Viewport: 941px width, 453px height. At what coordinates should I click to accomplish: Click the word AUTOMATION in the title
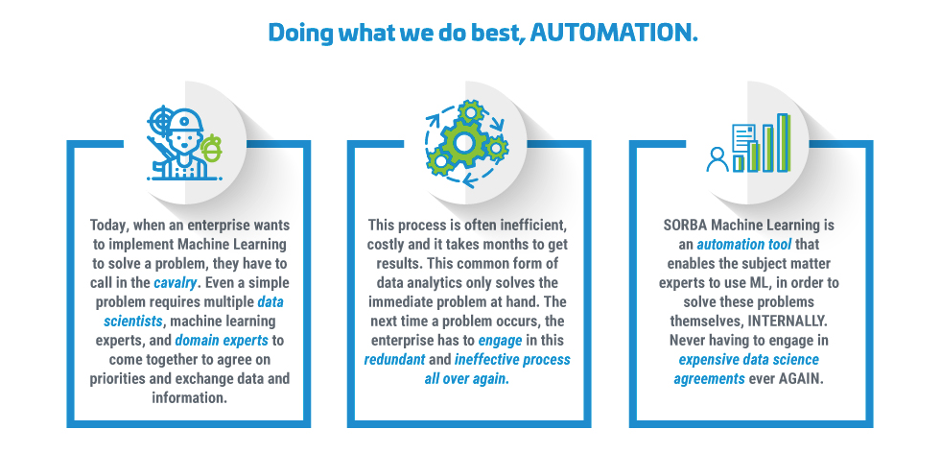click(x=614, y=33)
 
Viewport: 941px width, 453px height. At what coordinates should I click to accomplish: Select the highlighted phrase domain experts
click(x=222, y=341)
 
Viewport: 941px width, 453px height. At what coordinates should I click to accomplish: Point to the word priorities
click(x=118, y=379)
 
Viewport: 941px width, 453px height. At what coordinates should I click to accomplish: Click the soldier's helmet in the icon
click(x=185, y=121)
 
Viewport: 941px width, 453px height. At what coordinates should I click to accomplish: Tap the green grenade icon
click(x=211, y=150)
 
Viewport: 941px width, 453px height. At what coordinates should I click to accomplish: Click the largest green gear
click(x=464, y=142)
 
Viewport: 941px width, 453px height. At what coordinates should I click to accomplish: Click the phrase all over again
click(x=467, y=379)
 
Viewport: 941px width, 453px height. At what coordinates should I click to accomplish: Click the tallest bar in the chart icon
click(x=783, y=143)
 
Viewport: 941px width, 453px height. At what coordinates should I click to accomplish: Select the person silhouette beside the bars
click(x=718, y=160)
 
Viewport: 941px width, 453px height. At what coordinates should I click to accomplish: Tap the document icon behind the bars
click(x=743, y=140)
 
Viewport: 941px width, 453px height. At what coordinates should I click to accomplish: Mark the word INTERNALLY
click(x=794, y=322)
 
